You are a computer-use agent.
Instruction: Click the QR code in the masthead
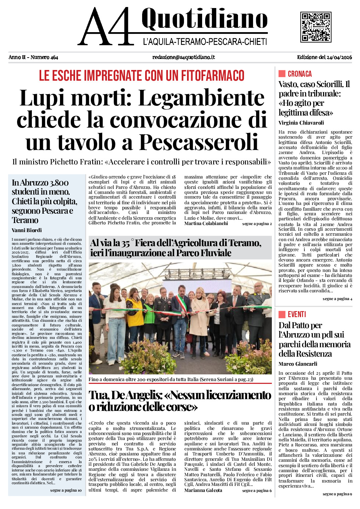315,27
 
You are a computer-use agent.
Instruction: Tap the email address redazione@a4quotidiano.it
183,57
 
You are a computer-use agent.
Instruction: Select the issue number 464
54,57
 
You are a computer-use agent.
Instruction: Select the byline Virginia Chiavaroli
301,123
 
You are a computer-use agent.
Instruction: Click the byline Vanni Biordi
27,230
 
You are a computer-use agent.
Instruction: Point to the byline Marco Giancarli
298,364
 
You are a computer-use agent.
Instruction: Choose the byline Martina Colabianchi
206,223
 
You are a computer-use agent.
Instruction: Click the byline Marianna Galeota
203,490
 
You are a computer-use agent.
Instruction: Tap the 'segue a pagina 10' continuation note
66,490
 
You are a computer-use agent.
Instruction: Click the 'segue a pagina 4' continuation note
337,299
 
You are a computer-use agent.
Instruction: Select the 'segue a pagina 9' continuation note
337,494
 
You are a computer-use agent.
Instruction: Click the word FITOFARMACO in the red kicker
213,75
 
